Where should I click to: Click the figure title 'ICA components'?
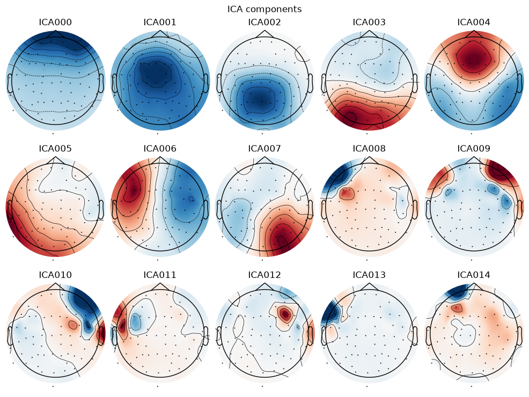[264, 9]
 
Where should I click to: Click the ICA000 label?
[55, 22]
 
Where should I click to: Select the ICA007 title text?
[264, 149]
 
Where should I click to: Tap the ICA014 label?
[474, 275]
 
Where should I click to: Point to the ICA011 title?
[160, 275]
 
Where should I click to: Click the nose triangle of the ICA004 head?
[474, 34]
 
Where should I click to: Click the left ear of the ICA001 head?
[114, 83]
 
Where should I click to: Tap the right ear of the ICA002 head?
[311, 83]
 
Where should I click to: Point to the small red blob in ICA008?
[346, 194]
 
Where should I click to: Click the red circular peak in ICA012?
[286, 314]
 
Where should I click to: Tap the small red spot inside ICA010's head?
[72, 325]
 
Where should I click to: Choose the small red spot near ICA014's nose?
[456, 307]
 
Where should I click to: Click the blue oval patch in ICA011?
[135, 321]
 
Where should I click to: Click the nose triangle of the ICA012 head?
[264, 286]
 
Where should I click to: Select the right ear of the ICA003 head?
[415, 83]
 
